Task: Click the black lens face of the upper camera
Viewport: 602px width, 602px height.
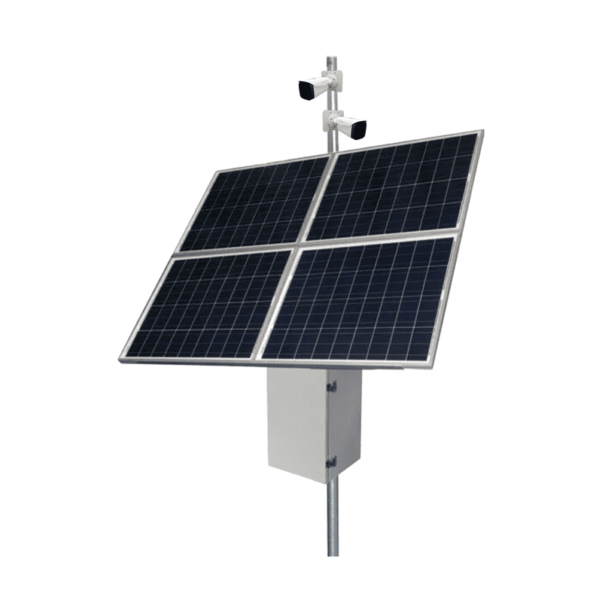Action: tap(306, 91)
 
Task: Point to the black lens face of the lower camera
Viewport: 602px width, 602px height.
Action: tap(357, 129)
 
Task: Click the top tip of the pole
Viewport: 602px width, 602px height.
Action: tap(330, 57)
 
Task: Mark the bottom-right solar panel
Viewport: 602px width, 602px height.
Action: tap(357, 299)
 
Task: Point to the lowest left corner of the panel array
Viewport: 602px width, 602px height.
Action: tap(120, 360)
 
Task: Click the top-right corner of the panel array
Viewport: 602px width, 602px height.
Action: tap(481, 132)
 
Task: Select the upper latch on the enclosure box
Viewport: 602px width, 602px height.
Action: tap(330, 386)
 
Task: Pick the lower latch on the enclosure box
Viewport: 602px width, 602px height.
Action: tap(330, 461)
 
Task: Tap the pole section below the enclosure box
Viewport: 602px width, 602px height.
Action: tap(333, 519)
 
